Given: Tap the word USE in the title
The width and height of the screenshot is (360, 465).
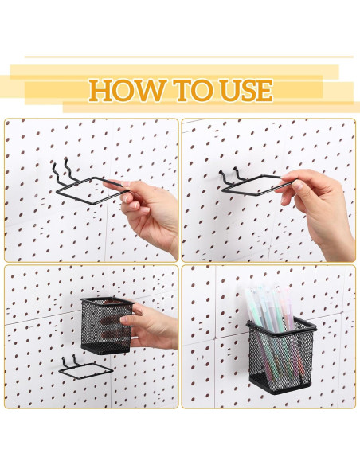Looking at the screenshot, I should (x=236, y=90).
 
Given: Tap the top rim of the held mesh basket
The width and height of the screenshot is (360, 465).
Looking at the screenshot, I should (x=106, y=301).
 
